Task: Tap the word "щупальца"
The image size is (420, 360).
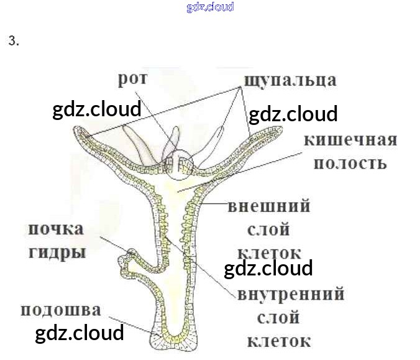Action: [290, 80]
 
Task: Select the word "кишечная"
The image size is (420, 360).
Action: [350, 139]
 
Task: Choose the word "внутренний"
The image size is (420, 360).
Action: [290, 293]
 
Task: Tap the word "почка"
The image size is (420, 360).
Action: [55, 229]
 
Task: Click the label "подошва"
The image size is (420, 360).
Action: [60, 310]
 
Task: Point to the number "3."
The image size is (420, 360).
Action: [14, 42]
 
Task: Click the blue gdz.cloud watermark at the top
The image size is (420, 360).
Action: [210, 7]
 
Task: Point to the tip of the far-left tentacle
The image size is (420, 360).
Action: [80, 131]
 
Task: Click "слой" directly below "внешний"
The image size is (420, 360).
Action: [268, 230]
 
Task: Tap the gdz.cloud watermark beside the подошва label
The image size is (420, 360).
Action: [80, 333]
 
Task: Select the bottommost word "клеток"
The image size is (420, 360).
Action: [278, 341]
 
